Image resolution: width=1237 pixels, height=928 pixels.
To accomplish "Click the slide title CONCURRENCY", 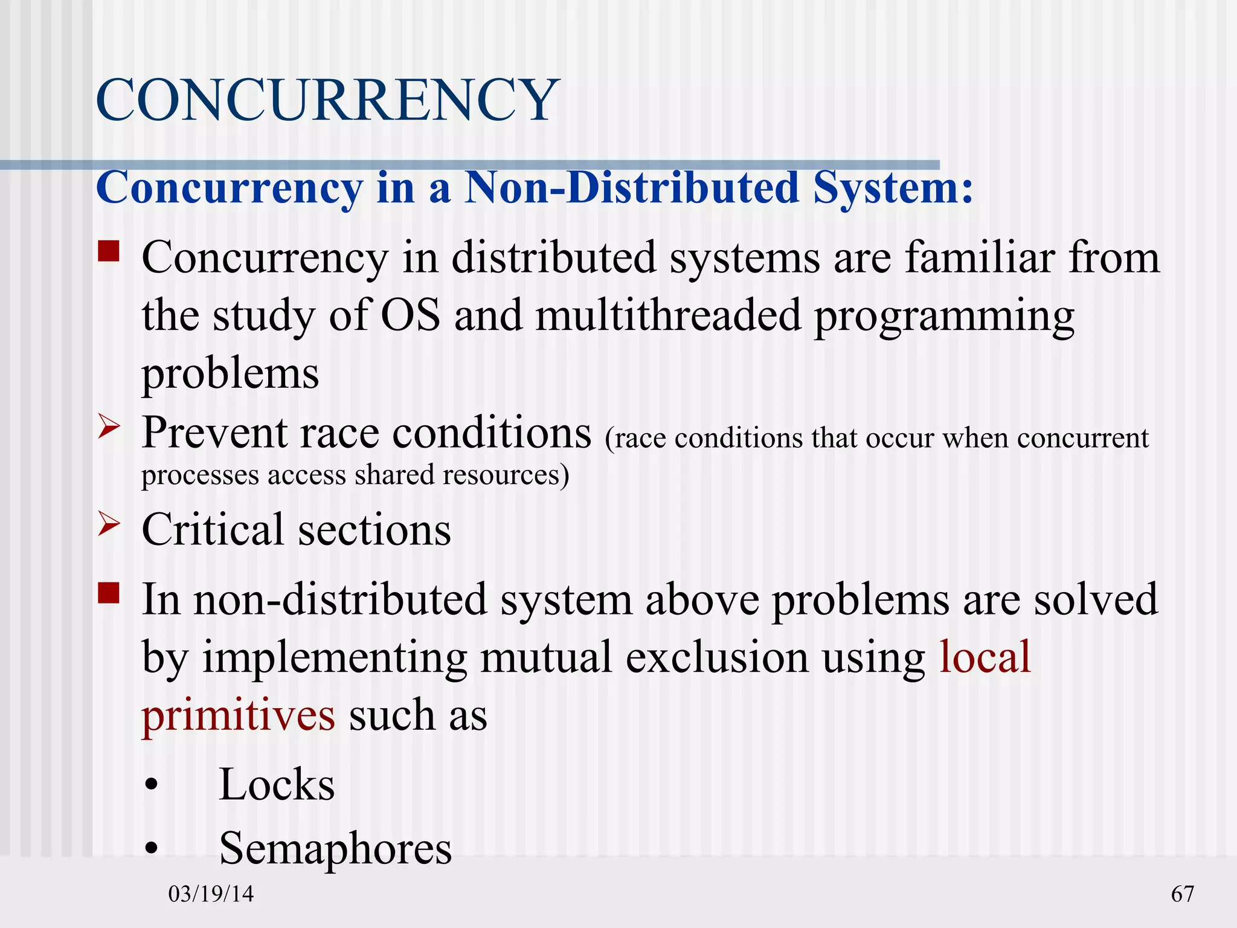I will point(327,100).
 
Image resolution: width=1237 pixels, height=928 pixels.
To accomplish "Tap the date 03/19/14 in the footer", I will point(211,894).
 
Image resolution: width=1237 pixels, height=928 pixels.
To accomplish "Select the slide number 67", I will point(1182,894).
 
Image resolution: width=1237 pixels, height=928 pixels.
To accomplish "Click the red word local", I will point(985,657).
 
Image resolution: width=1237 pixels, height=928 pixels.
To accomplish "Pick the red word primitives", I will point(238,715).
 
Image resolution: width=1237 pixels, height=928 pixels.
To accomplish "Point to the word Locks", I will point(277,785).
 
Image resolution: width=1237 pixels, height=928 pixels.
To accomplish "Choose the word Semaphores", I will point(335,848).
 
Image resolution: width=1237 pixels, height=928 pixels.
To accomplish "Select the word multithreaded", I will point(668,315).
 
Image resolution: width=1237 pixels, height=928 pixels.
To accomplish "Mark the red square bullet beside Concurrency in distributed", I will point(109,251).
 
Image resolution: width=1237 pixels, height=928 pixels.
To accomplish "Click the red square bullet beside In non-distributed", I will point(109,593).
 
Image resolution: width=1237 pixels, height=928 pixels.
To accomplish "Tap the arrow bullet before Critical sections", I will point(109,524).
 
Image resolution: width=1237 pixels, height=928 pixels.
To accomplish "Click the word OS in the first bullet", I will point(411,315).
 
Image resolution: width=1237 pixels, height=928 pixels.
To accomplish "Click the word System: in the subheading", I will point(893,187).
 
